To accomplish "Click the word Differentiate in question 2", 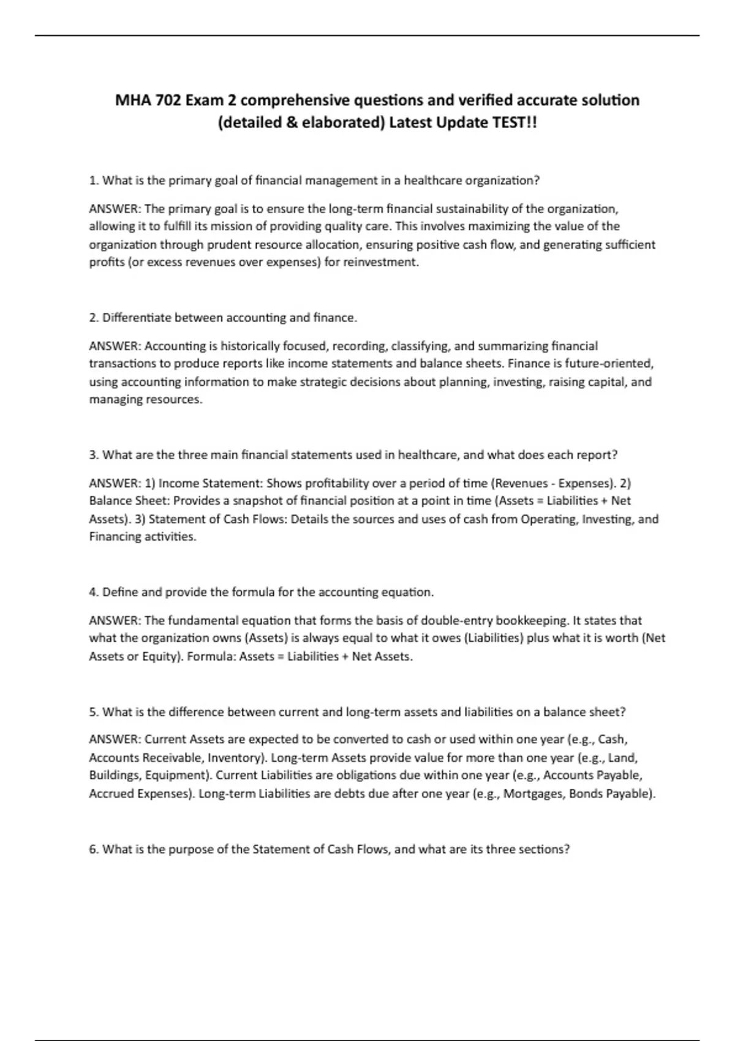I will point(137,318).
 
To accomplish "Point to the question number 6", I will point(94,849).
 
